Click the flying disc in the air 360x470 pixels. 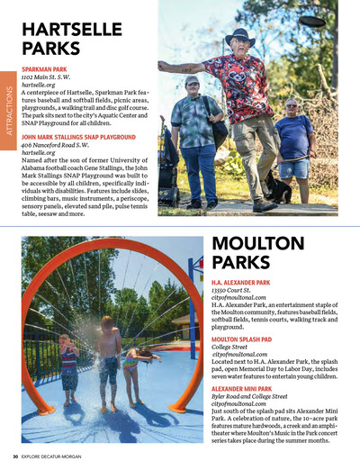click(x=314, y=18)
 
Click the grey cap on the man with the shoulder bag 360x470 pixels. click(x=192, y=81)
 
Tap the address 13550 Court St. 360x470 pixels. click(x=230, y=292)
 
